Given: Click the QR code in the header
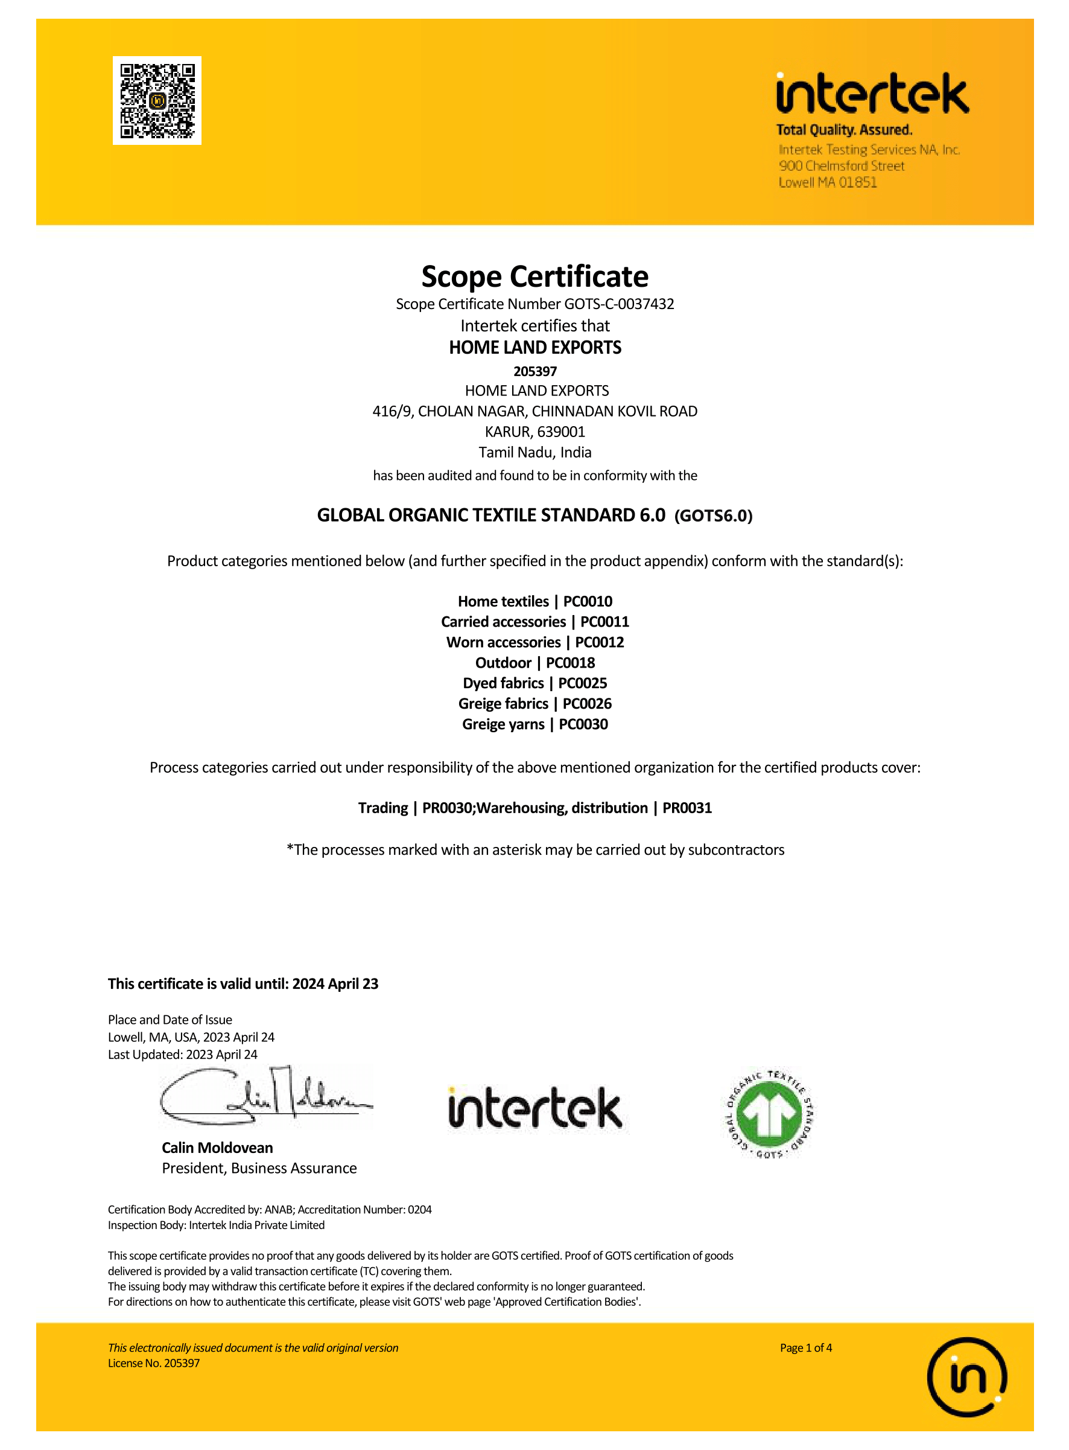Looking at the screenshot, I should tap(157, 100).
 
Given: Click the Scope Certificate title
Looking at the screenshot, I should tap(534, 276).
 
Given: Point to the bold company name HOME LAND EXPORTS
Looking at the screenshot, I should tap(534, 348).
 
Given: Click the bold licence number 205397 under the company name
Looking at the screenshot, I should tap(534, 372).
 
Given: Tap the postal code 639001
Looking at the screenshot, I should tap(560, 432).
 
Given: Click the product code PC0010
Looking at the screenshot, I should tap(588, 601).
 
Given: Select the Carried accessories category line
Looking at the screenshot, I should tap(534, 622).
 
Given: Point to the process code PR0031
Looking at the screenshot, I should tap(687, 808).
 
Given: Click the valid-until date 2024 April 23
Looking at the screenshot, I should tap(335, 984).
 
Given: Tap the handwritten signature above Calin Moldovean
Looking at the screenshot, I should tap(266, 1097).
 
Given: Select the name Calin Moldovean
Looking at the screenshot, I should tap(217, 1148).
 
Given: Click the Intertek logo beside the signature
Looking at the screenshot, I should tap(534, 1108).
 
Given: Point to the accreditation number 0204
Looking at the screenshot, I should tap(419, 1209).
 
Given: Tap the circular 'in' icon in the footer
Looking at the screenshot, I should tap(967, 1377).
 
